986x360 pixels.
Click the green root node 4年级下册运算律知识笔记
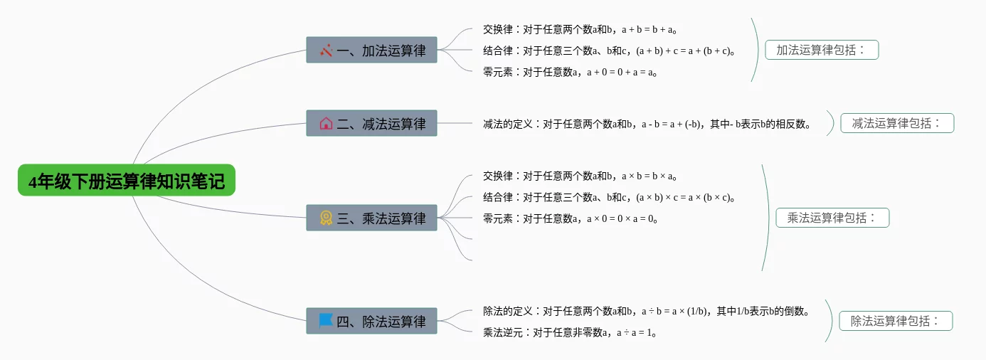126,181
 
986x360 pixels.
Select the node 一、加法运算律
371,50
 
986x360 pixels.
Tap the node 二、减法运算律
371,123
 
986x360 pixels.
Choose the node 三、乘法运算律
371,218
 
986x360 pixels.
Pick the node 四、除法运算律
371,321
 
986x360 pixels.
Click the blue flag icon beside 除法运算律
326,320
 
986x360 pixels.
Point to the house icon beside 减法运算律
326,123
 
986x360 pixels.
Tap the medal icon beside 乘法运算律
326,218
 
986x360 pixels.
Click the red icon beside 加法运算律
326,50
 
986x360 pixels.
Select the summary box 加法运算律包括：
822,50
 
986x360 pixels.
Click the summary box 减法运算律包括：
896,123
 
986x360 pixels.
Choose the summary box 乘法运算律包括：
832,218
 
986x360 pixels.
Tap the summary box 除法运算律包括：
896,321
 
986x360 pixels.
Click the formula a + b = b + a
647,30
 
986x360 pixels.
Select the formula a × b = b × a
647,176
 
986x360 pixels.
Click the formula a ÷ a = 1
635,332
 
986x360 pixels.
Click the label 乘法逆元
503,332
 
